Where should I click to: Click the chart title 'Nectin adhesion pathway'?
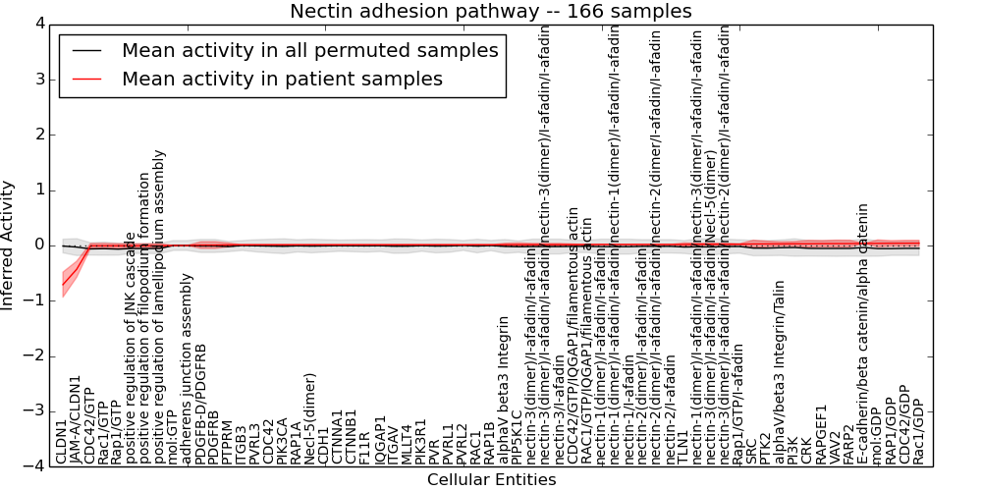[x=490, y=12]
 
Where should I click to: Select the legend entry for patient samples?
[x=282, y=79]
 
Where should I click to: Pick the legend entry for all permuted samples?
[x=311, y=51]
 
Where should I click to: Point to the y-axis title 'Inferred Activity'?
[x=9, y=245]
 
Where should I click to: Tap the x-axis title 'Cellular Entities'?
[x=491, y=480]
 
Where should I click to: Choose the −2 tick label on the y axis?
[x=32, y=356]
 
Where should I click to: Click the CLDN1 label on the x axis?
[x=62, y=441]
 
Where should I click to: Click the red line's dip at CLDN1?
[x=62, y=285]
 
